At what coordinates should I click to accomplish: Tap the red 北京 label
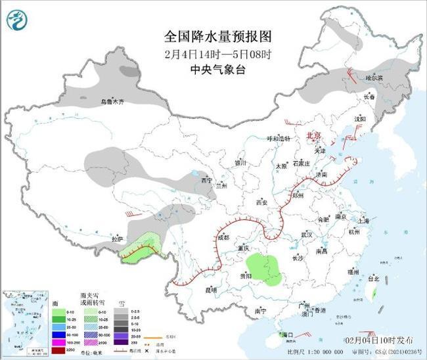(x=315, y=135)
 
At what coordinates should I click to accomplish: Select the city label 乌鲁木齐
(x=112, y=102)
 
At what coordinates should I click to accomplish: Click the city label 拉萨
(x=116, y=239)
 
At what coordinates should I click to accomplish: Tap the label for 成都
(x=223, y=236)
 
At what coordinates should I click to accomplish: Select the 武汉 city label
(x=305, y=234)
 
